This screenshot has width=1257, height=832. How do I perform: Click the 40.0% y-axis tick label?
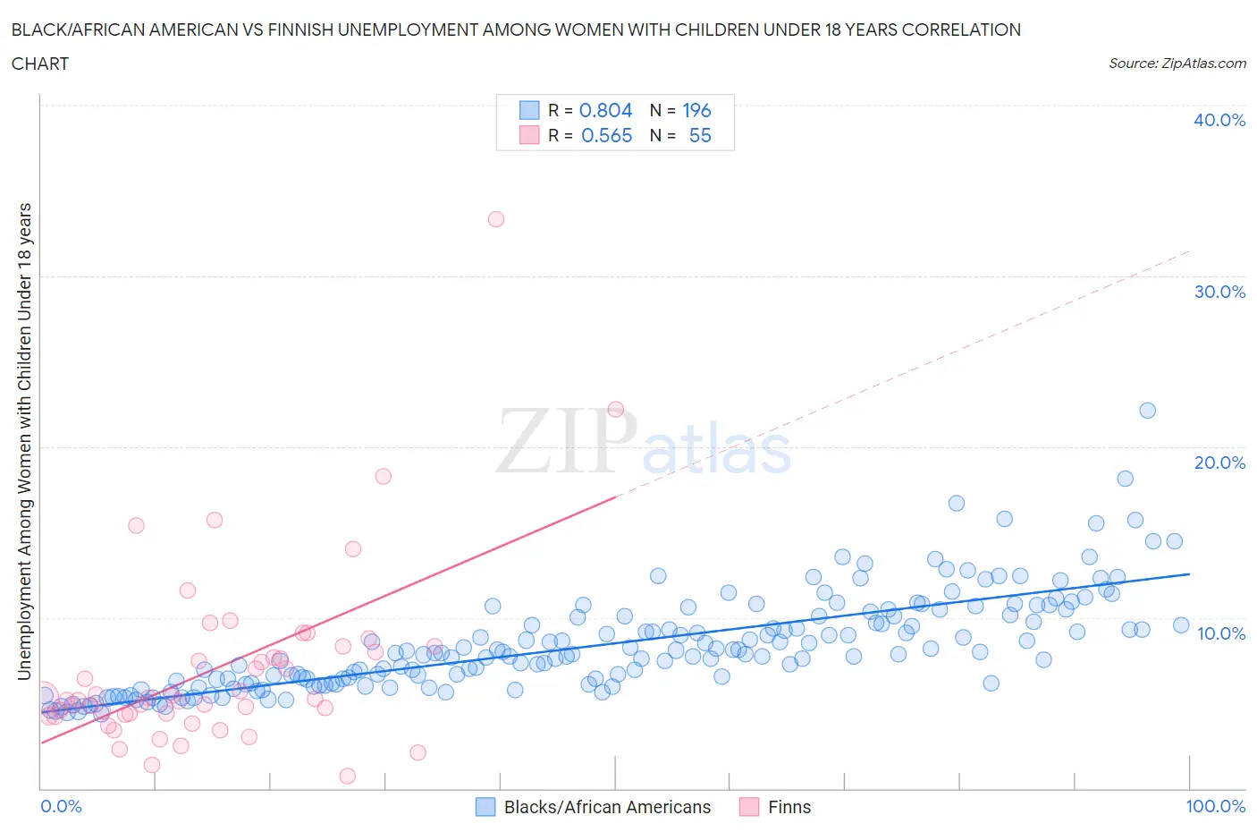pyautogui.click(x=1219, y=120)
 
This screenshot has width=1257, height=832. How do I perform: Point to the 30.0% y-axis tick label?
pyautogui.click(x=1219, y=292)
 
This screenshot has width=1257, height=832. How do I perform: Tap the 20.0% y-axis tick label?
pyautogui.click(x=1219, y=463)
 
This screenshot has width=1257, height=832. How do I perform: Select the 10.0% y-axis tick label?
pyautogui.click(x=1220, y=633)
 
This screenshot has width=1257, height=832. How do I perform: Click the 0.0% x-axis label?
pyautogui.click(x=61, y=806)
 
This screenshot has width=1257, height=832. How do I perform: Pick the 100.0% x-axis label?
pyautogui.click(x=1215, y=806)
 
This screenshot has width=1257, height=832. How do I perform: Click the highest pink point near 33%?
pyautogui.click(x=496, y=219)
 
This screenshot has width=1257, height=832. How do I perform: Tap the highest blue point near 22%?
pyautogui.click(x=1148, y=411)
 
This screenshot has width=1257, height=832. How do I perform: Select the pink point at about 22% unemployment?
pyautogui.click(x=615, y=409)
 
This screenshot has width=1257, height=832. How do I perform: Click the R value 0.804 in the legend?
pyautogui.click(x=605, y=110)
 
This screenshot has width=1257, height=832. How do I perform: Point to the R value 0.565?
pyautogui.click(x=606, y=135)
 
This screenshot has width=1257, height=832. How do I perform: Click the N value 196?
pyautogui.click(x=696, y=110)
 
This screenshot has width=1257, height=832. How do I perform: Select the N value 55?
pyautogui.click(x=700, y=135)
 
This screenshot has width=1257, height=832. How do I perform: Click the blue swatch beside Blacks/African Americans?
pyautogui.click(x=485, y=807)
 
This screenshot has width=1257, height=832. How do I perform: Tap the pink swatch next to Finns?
pyautogui.click(x=749, y=807)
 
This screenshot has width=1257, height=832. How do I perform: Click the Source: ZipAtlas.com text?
pyautogui.click(x=1177, y=63)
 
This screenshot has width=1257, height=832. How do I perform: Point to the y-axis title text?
pyautogui.click(x=24, y=441)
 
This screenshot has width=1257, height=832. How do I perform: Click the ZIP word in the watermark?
pyautogui.click(x=566, y=440)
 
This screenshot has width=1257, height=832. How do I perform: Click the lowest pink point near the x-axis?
pyautogui.click(x=348, y=776)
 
